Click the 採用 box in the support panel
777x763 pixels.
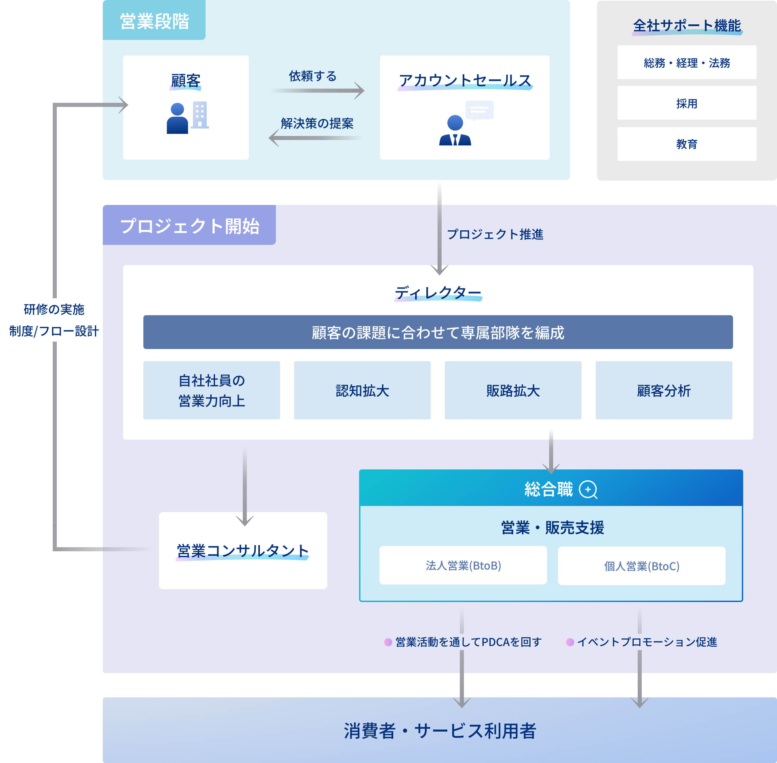(x=686, y=103)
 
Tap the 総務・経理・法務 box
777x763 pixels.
(x=686, y=63)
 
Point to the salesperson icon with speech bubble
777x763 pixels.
(x=465, y=123)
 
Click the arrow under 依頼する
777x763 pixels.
(x=318, y=91)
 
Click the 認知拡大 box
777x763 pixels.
(x=362, y=390)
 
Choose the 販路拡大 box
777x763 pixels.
(x=513, y=390)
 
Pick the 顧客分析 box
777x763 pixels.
(x=664, y=390)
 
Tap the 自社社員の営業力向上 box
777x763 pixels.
(x=212, y=390)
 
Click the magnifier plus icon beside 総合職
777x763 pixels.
(x=588, y=489)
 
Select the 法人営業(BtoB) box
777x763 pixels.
(x=463, y=565)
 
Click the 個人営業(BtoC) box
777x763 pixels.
(x=641, y=566)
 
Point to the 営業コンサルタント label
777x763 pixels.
(x=243, y=551)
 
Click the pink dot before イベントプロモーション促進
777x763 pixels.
(x=570, y=642)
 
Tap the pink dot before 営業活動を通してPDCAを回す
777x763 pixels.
(x=388, y=642)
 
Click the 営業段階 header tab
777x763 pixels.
(x=154, y=21)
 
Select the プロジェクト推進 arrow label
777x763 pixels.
(x=495, y=234)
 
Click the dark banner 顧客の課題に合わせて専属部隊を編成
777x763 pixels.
(x=438, y=332)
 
